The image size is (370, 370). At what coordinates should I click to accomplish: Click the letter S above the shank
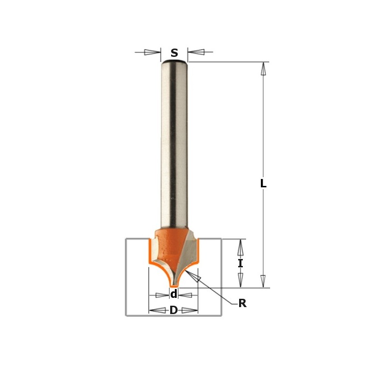pos(174,53)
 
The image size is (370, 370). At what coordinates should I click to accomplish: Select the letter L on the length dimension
pos(263,184)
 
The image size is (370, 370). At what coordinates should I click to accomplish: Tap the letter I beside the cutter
pos(240,264)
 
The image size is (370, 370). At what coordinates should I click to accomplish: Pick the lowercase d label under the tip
pos(174,295)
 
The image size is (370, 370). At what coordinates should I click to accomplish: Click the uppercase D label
pos(173,310)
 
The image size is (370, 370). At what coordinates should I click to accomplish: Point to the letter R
pos(242,304)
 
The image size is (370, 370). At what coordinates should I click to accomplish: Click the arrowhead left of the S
pos(152,52)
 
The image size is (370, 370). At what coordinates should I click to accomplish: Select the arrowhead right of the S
pos(196,52)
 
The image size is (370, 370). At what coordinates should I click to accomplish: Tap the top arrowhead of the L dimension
pos(263,69)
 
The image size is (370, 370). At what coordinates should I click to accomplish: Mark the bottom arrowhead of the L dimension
pos(263,281)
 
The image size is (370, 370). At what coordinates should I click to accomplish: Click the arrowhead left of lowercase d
pos(162,295)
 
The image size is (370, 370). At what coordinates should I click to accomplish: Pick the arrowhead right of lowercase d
pos(185,295)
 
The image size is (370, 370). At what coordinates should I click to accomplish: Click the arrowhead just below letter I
pos(240,279)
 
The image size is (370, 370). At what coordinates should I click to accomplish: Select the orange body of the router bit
pos(169,245)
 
